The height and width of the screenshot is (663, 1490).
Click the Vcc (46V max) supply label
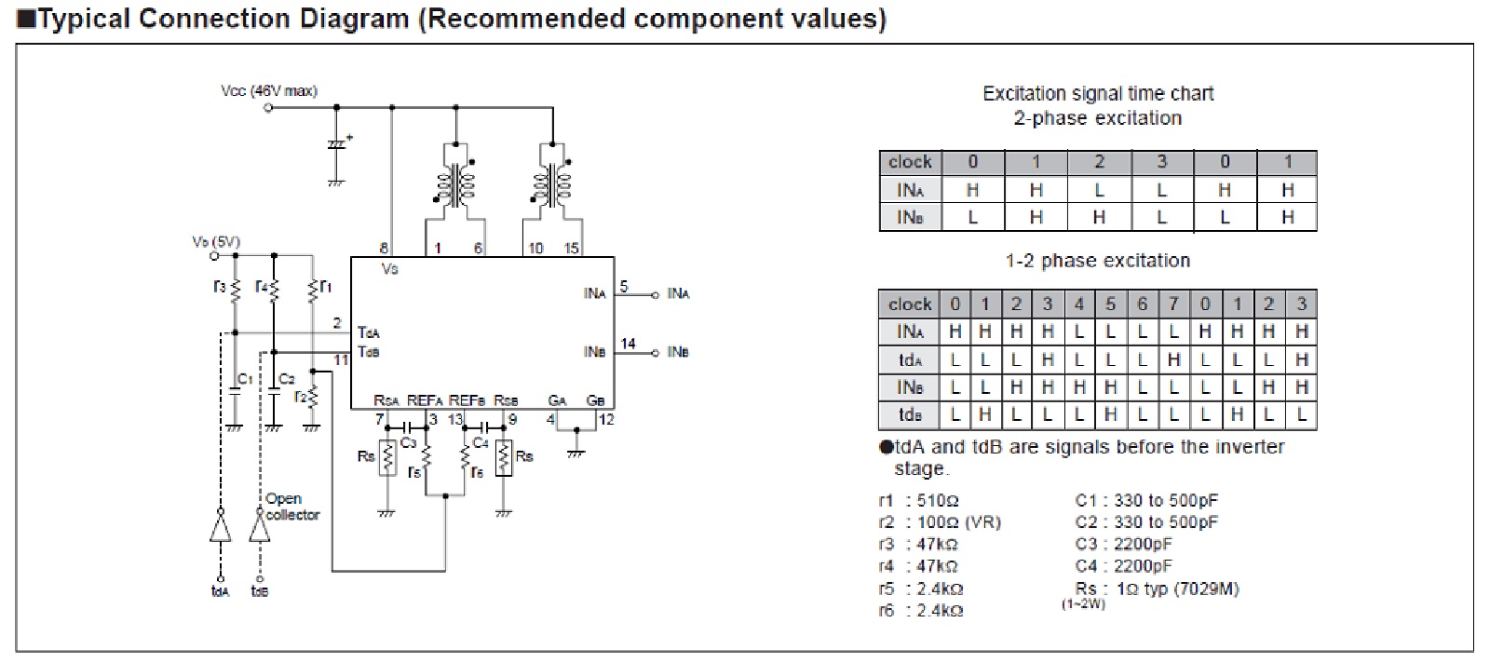(269, 91)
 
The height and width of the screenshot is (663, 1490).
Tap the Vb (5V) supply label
(216, 242)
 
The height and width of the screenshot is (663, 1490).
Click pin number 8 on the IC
(384, 249)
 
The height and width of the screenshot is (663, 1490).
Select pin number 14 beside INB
(629, 344)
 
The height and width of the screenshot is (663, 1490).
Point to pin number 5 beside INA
(624, 287)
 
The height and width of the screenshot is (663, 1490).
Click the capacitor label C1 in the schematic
(245, 379)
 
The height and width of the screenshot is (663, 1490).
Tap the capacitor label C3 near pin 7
(408, 443)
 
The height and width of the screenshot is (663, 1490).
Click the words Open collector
(292, 507)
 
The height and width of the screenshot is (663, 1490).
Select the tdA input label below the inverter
(220, 591)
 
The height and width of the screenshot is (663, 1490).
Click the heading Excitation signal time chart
(1098, 93)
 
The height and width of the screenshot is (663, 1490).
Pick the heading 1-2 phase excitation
(1097, 261)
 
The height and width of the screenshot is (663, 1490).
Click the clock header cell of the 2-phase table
(910, 162)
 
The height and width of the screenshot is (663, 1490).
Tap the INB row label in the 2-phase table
(910, 217)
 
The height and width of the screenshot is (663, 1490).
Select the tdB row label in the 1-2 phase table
(910, 414)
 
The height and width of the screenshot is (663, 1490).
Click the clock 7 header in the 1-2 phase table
(1173, 304)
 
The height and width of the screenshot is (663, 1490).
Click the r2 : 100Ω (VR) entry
(940, 522)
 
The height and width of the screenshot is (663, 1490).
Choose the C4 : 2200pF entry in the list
(1123, 566)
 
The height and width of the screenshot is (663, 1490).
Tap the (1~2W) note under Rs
(1083, 604)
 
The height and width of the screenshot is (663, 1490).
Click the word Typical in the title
(85, 19)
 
